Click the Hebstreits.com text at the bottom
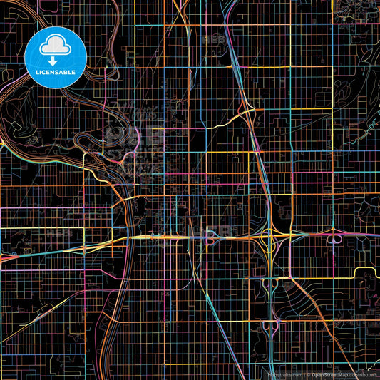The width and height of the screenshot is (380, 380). point(284,374)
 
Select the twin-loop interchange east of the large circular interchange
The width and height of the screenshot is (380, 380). point(332,237)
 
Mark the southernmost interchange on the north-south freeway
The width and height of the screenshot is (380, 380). point(272,326)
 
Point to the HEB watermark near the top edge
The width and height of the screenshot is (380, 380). point(214,39)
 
